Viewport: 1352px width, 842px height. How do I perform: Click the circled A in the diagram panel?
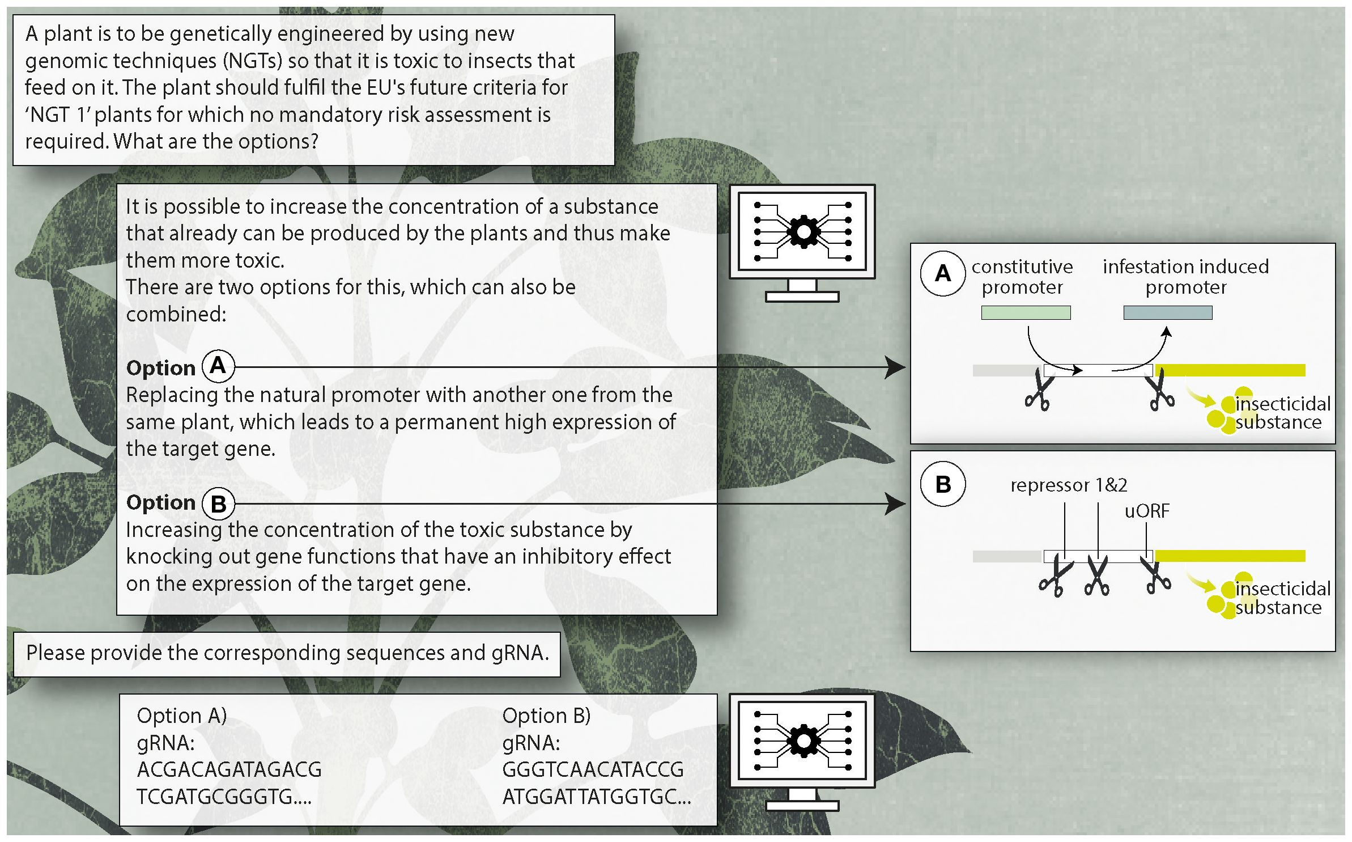pos(942,274)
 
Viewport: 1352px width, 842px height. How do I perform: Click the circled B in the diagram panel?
pos(943,485)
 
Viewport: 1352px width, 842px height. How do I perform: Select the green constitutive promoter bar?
pos(1026,312)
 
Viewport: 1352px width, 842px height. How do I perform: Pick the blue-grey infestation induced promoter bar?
pos(1168,312)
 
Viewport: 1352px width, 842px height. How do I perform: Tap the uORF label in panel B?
pos(1147,511)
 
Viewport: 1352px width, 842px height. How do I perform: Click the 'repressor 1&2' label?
pos(1069,485)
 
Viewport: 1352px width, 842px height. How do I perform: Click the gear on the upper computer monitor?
pos(803,232)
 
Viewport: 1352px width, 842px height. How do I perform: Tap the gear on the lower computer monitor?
pos(803,741)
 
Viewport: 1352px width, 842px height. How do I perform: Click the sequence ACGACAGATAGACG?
pos(229,770)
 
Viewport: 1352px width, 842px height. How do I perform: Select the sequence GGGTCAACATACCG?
pos(593,770)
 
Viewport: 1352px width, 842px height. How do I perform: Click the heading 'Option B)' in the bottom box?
pos(546,716)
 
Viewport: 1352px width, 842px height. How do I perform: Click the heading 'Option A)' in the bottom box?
pos(182,716)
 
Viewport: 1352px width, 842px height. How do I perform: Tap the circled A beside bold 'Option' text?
pos(218,366)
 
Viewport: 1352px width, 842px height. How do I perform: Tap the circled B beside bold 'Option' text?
pos(218,503)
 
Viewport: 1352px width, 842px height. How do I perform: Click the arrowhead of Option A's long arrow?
pos(896,367)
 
